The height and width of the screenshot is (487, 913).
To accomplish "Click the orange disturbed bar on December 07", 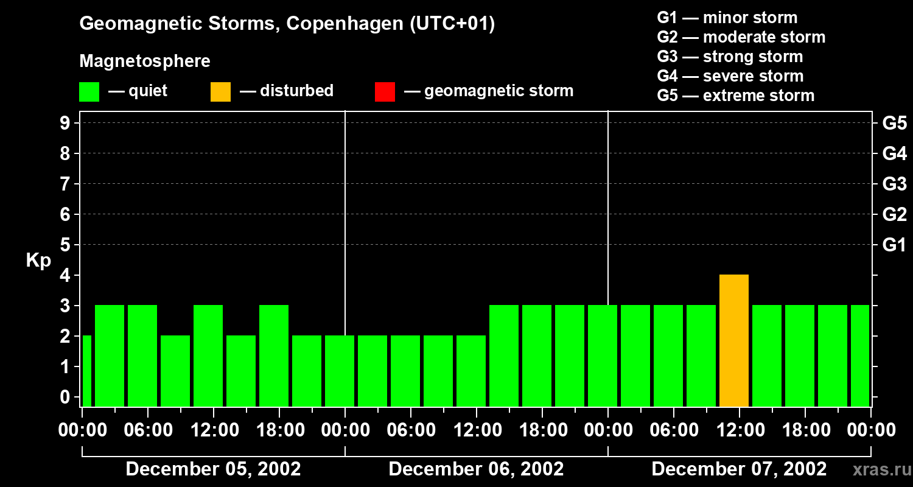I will [x=733, y=340].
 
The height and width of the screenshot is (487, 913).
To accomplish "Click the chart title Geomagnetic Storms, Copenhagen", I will [x=287, y=24].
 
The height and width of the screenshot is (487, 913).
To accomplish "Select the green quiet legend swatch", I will [x=89, y=92].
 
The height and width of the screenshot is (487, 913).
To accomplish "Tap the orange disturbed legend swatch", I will [x=220, y=92].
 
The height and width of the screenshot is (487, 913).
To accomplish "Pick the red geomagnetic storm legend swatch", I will [x=385, y=92].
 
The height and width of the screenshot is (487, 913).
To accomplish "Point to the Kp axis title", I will [x=38, y=261].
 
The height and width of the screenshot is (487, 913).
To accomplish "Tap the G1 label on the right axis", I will [x=894, y=245].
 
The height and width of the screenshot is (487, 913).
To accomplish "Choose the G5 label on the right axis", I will [x=894, y=124].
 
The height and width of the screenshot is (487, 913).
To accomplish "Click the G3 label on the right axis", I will [x=894, y=184].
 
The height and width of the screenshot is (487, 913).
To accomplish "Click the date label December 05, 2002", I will [x=213, y=469].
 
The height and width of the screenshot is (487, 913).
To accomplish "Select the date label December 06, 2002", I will [x=476, y=469].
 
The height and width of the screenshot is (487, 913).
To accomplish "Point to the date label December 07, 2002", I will [x=739, y=469].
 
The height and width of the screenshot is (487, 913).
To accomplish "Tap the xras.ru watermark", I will [x=877, y=471].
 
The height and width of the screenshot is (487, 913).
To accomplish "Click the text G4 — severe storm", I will [x=730, y=76].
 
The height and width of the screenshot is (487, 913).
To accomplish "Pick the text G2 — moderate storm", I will [x=741, y=37].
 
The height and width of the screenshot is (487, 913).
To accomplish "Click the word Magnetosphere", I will [x=145, y=61].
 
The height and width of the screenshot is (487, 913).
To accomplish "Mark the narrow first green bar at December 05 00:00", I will [x=86, y=371].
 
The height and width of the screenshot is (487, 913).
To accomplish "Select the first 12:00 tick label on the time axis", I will [x=214, y=430].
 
